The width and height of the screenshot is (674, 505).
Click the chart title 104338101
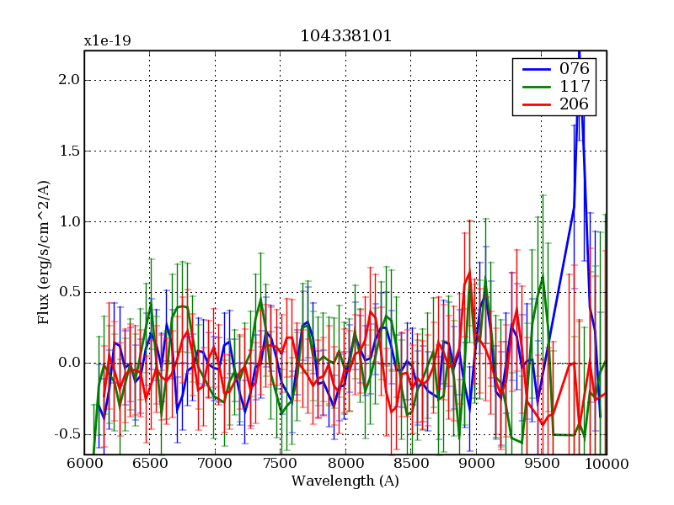[345, 36]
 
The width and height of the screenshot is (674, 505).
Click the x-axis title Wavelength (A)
[345, 481]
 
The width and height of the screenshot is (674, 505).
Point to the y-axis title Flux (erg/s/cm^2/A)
[43, 252]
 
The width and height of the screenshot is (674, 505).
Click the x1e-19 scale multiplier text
[107, 40]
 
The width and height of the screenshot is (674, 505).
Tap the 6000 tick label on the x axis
[84, 464]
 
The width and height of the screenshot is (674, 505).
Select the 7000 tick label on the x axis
[215, 464]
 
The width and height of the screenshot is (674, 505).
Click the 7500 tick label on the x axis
[280, 464]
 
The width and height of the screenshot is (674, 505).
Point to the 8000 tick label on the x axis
[345, 464]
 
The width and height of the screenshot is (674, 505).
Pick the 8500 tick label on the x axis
[410, 464]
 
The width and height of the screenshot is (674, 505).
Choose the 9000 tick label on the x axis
[476, 464]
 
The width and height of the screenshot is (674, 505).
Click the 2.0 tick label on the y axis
[68, 80]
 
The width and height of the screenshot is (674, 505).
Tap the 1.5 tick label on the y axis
[68, 151]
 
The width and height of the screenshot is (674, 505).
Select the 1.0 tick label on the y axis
[68, 221]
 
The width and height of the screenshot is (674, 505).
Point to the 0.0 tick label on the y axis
[68, 363]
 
